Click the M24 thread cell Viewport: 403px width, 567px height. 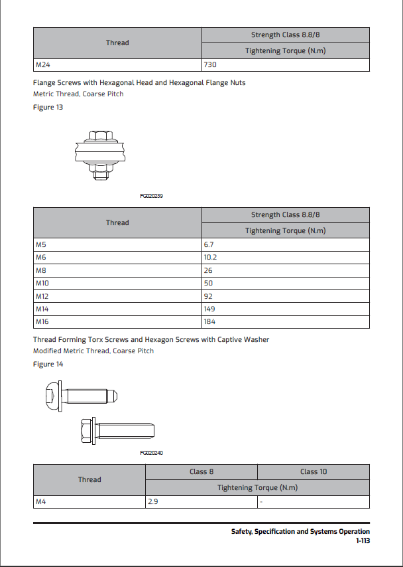pos(42,65)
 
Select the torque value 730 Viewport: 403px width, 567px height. pos(211,65)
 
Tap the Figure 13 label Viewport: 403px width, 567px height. pos(48,107)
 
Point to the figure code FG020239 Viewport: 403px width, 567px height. pos(152,196)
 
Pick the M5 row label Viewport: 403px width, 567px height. pos(40,245)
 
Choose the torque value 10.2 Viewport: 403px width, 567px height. pos(211,258)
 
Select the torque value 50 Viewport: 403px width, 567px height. pos(208,283)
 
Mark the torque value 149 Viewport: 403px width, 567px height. pos(209,309)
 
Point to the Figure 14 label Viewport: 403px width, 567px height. pos(48,364)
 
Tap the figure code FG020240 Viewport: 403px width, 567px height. pos(152,453)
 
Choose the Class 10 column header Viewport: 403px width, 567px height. pos(314,471)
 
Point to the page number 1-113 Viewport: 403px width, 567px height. pos(362,541)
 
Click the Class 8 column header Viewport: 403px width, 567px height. pos(201,471)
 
